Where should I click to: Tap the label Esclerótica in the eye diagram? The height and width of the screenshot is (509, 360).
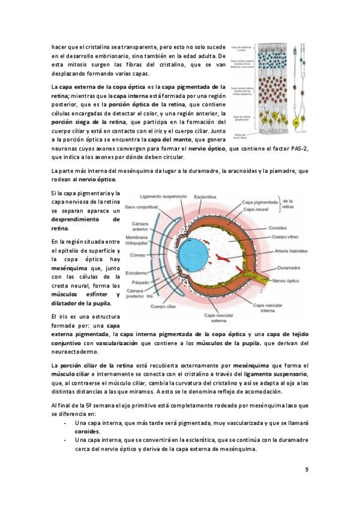click(x=205, y=196)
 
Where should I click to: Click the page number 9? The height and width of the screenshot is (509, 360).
click(x=306, y=469)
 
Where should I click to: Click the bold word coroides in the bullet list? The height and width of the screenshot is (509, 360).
click(x=88, y=431)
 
